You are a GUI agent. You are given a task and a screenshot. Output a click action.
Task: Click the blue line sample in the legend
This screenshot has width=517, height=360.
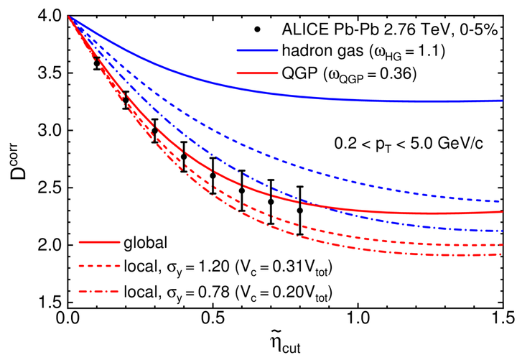click(257, 50)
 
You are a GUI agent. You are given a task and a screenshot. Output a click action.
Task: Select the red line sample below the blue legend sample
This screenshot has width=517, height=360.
click(257, 73)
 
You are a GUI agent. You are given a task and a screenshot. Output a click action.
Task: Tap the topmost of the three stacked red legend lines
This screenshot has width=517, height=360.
click(98, 242)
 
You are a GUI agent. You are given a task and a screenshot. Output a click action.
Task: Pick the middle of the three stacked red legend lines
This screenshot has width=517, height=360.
click(98, 266)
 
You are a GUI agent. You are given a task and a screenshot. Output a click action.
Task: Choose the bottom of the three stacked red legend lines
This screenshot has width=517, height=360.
click(98, 291)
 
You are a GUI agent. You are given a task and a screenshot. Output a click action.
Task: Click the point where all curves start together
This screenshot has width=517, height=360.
click(70, 17)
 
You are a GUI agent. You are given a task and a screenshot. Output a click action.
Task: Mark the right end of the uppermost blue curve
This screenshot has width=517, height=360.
click(500, 101)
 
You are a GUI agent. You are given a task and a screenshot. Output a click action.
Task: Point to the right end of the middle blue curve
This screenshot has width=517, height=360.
click(499, 201)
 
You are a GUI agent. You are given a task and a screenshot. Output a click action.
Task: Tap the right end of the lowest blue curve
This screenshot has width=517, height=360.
click(500, 231)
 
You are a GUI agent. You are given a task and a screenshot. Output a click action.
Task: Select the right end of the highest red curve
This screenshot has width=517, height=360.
click(500, 211)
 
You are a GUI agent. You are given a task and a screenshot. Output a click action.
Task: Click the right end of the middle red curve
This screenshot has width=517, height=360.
click(500, 244)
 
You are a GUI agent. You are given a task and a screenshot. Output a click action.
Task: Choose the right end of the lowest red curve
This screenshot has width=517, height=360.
click(500, 254)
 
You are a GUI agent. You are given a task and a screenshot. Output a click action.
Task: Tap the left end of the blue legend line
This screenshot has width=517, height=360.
click(237, 50)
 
